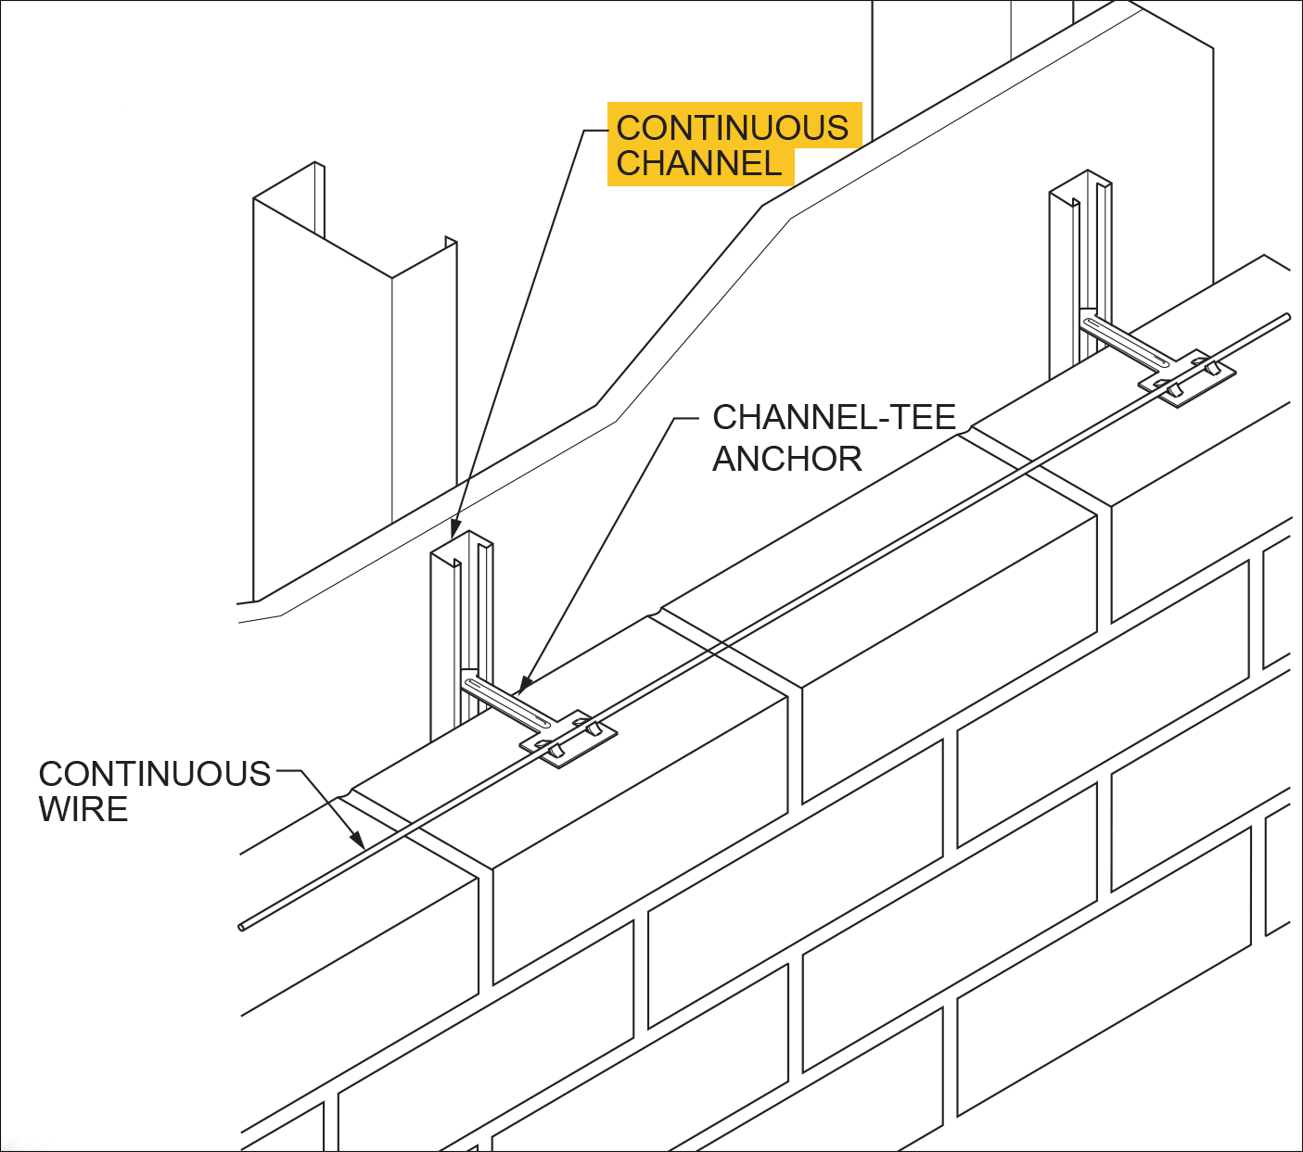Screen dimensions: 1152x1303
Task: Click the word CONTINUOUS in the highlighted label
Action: point(732,128)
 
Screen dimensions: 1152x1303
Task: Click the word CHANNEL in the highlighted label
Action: point(699,164)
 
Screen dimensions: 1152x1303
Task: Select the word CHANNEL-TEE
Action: point(834,417)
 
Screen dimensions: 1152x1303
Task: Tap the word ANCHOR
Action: point(786,459)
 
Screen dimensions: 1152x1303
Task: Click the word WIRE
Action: point(83,809)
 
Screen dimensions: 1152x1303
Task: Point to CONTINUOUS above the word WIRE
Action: point(154,774)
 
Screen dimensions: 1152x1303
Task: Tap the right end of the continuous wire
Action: point(1286,317)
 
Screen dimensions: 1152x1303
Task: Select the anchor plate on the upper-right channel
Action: point(1188,377)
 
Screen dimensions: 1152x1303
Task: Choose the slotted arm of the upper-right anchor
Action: point(1125,340)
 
